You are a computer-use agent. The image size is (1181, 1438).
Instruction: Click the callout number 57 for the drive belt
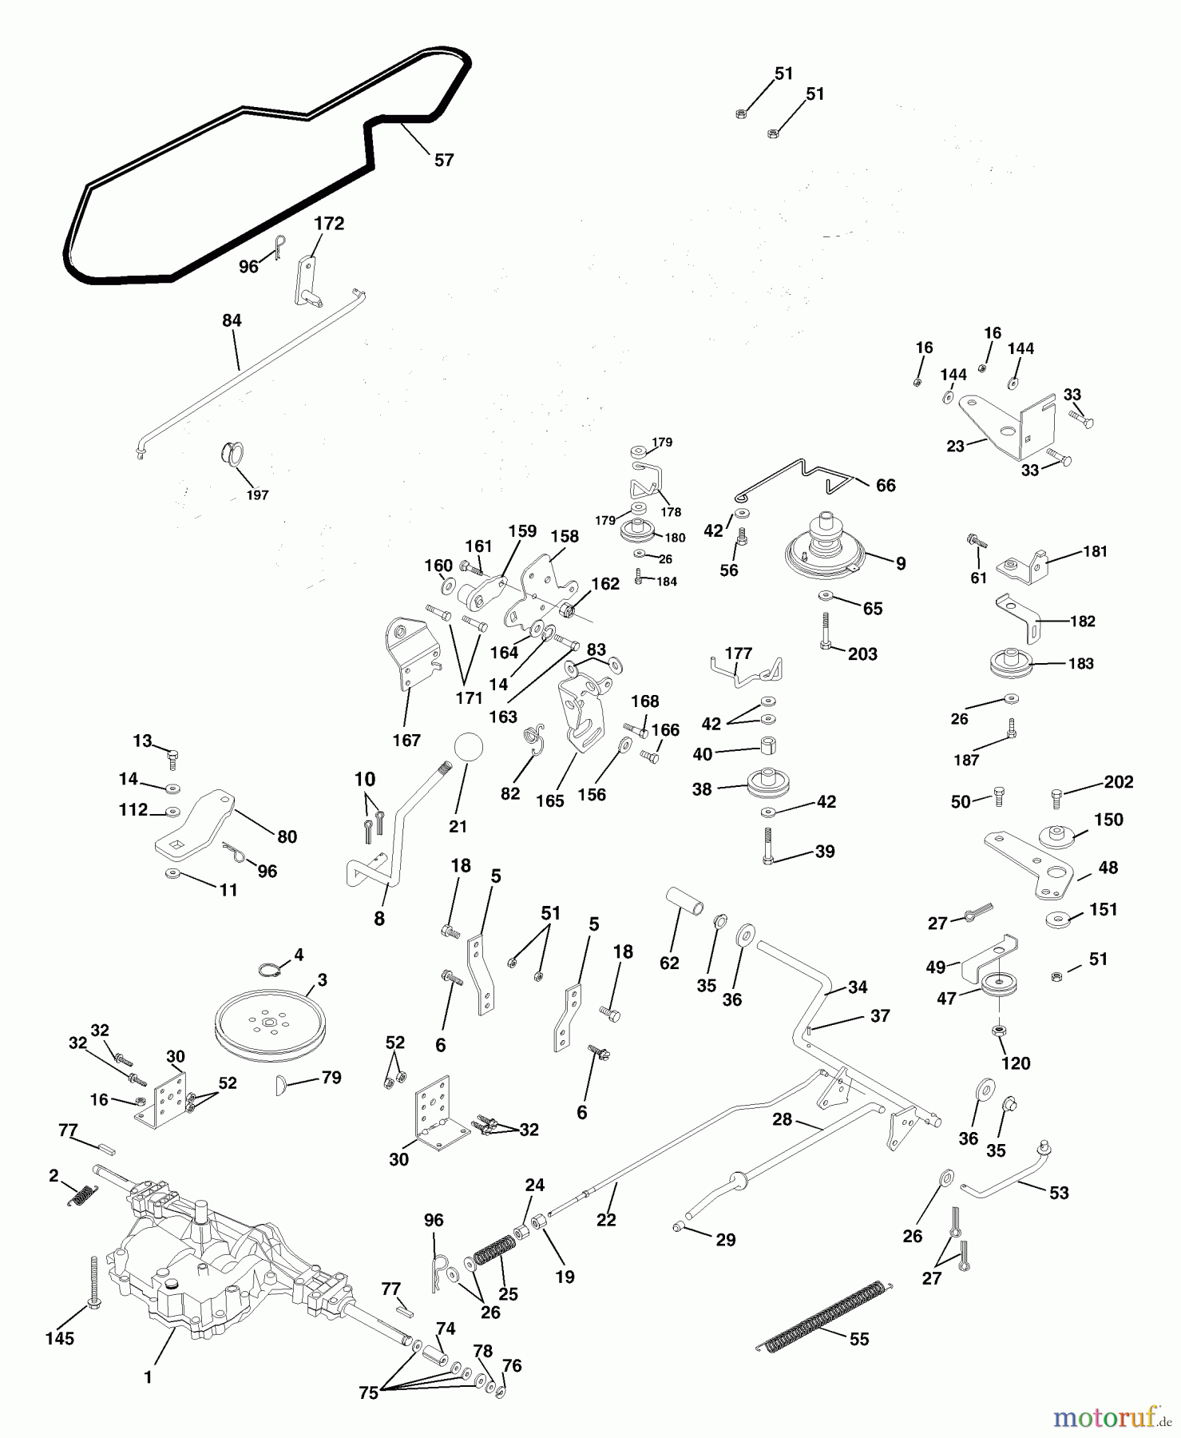[444, 160]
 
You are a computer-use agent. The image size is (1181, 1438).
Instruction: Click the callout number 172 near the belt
[329, 224]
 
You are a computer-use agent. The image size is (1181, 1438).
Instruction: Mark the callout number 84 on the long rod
[232, 320]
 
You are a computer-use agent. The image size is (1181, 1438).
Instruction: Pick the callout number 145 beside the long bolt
[60, 1338]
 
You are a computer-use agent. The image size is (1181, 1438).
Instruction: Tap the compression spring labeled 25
[495, 1250]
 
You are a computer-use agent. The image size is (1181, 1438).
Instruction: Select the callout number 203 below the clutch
[862, 654]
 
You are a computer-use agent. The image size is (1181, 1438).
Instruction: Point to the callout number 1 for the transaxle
[148, 1377]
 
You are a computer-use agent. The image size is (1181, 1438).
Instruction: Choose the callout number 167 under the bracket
[406, 741]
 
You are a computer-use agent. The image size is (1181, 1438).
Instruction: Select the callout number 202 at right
[1118, 782]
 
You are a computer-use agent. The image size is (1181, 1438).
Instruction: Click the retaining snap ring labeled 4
[271, 970]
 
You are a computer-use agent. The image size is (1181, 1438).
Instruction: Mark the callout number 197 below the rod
[257, 495]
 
